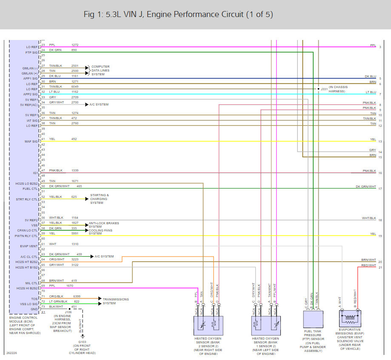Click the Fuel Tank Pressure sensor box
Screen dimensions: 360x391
313,320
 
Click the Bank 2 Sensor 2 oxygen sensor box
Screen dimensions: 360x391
208,325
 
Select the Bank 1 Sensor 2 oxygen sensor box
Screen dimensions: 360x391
266,325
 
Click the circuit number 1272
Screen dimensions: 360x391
75,45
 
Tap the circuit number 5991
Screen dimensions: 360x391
75,233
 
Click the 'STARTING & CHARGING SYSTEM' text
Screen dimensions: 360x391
99,199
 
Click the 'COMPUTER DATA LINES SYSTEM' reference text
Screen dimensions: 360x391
100,70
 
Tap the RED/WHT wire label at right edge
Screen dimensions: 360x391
369,266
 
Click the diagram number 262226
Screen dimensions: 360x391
11,353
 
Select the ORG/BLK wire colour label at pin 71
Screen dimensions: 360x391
56,296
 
